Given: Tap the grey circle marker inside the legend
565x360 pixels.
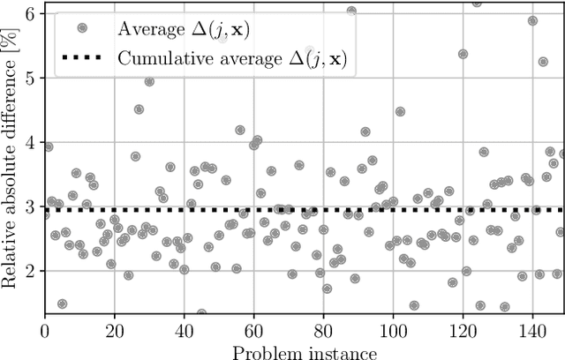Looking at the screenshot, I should pyautogui.click(x=82, y=27).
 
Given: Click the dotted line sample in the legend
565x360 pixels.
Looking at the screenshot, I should pyautogui.click(x=82, y=59).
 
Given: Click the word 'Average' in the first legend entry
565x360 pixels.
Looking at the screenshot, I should pyautogui.click(x=151, y=27).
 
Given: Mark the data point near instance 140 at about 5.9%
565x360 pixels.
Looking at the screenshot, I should pyautogui.click(x=532, y=20).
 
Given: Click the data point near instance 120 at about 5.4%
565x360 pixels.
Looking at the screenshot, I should pyautogui.click(x=463, y=54).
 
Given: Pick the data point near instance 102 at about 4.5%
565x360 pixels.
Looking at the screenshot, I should pyautogui.click(x=400, y=112).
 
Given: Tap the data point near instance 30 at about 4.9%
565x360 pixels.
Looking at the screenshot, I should pyautogui.click(x=149, y=81).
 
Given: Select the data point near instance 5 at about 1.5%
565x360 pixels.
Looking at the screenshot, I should pyautogui.click(x=62, y=304).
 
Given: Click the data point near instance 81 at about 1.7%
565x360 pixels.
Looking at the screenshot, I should pyautogui.click(x=327, y=289).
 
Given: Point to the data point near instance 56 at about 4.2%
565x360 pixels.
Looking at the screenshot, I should pyautogui.click(x=240, y=130).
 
